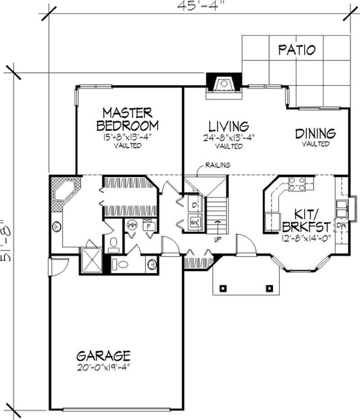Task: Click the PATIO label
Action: click(x=296, y=50)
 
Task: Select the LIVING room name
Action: click(x=229, y=125)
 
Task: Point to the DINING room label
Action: click(x=315, y=133)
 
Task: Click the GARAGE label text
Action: click(x=103, y=356)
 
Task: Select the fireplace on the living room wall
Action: click(x=223, y=85)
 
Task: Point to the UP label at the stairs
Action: click(x=218, y=239)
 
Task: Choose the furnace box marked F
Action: click(x=148, y=225)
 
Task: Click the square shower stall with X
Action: click(x=91, y=261)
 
